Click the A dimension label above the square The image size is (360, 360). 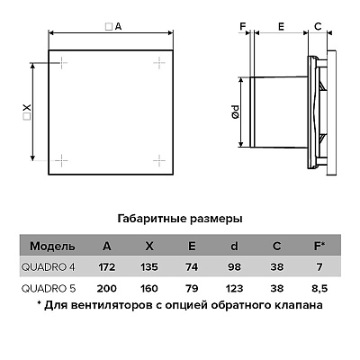[113, 27]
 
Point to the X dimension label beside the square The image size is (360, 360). [27, 112]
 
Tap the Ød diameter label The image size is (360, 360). [235, 112]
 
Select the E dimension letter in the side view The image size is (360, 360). [281, 27]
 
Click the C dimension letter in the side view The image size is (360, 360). [318, 27]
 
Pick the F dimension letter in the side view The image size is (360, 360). [243, 27]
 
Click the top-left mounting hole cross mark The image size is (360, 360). [62, 63]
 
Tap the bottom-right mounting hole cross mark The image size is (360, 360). [159, 161]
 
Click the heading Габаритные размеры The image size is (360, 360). [180, 219]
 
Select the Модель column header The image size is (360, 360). [52, 247]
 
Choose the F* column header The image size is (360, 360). [319, 247]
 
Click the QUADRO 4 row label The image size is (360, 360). [49, 267]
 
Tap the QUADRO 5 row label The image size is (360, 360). [49, 289]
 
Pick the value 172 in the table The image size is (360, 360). [107, 267]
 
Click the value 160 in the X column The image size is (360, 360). [149, 289]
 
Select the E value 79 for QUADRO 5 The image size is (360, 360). [192, 289]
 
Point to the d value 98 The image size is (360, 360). [234, 267]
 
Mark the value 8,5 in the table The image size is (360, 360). [319, 289]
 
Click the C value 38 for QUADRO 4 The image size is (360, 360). [276, 267]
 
